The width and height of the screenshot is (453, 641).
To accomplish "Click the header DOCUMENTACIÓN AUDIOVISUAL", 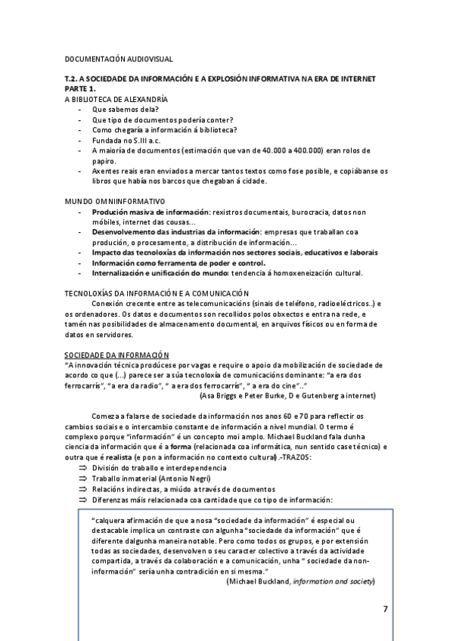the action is click(x=119, y=58).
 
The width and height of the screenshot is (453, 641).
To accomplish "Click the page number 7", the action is click(x=385, y=608).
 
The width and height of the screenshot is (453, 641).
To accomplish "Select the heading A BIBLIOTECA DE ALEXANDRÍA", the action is click(x=116, y=99).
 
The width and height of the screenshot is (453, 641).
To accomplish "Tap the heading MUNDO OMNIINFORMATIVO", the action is click(x=114, y=201).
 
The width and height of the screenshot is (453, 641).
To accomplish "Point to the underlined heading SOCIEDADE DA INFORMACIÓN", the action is click(x=116, y=355).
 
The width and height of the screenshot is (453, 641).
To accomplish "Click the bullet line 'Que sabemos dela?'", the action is click(x=125, y=110).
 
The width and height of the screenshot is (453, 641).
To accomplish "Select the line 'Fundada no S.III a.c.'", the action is click(x=128, y=140).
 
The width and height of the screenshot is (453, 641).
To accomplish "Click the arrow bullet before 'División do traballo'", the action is click(x=82, y=468).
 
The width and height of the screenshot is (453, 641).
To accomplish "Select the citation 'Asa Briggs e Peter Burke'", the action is click(x=240, y=395).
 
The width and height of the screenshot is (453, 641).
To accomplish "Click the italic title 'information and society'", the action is click(x=332, y=581).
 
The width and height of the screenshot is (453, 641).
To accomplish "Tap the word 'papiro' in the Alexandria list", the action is click(x=104, y=161).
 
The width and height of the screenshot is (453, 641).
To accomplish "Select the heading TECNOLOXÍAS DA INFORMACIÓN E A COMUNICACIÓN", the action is click(x=157, y=293).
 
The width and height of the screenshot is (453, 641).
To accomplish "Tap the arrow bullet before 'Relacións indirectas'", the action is click(x=82, y=488).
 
